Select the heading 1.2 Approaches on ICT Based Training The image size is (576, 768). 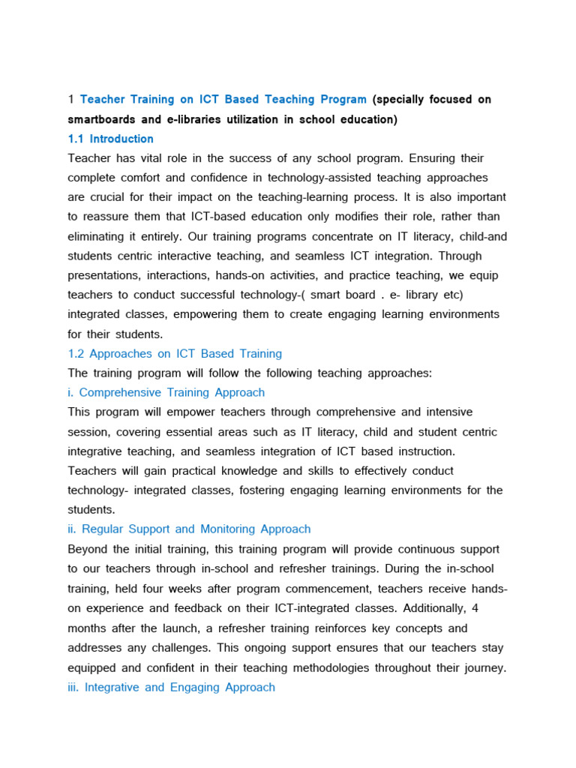(175, 353)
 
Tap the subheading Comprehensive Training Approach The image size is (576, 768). (172, 392)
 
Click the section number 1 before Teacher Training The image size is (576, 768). (70, 100)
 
